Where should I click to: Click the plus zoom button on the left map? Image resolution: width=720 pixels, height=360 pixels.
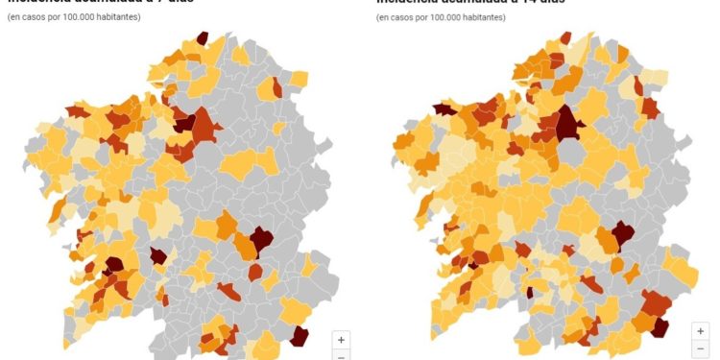(x=342, y=339)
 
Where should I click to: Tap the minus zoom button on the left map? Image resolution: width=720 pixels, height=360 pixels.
(x=342, y=356)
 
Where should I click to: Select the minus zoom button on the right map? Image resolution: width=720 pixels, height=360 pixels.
(x=701, y=348)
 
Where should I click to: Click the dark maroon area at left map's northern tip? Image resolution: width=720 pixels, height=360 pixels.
(x=202, y=38)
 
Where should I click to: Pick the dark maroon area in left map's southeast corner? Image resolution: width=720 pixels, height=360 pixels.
(x=300, y=335)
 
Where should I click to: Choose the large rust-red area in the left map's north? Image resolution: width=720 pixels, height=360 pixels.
(x=204, y=130)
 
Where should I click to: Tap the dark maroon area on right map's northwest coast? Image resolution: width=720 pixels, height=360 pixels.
(x=444, y=108)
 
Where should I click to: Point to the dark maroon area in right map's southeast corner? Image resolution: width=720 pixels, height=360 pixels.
(x=660, y=326)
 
